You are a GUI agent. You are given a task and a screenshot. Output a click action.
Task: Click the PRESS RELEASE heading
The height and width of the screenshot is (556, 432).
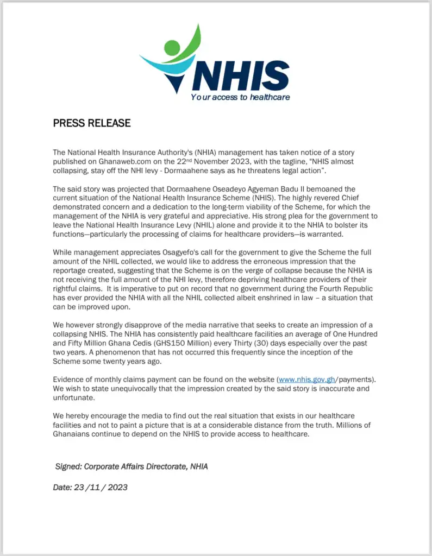92,123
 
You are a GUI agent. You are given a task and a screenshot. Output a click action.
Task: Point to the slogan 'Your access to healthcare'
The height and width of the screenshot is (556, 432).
240,97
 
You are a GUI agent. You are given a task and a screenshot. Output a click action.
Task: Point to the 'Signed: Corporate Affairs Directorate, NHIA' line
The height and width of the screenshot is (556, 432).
132,466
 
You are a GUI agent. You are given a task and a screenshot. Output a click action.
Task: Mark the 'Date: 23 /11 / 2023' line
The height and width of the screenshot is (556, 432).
90,487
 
